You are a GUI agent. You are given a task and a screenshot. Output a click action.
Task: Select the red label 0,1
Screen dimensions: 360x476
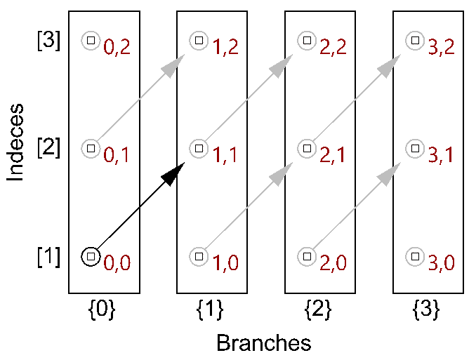pyautogui.click(x=117, y=156)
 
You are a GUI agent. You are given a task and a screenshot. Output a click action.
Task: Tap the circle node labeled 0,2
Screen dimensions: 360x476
pyautogui.click(x=90, y=41)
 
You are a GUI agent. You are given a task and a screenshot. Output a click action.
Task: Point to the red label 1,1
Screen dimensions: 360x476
pyautogui.click(x=225, y=156)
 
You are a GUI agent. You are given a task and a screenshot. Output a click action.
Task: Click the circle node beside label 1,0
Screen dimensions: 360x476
pyautogui.click(x=199, y=256)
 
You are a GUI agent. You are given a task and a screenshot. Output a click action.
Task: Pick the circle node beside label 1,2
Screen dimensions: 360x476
pyautogui.click(x=199, y=41)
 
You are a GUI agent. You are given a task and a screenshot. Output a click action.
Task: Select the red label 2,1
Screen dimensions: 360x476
pyautogui.click(x=333, y=156)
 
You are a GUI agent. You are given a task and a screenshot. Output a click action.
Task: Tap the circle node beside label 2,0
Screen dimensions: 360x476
pyautogui.click(x=307, y=256)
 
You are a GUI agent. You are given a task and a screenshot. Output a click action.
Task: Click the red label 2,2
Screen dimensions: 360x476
pyautogui.click(x=333, y=48)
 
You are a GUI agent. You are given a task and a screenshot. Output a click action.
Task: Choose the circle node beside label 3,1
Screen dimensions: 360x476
pyautogui.click(x=415, y=148)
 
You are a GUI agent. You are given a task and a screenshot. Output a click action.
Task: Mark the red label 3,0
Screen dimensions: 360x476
pyautogui.click(x=442, y=264)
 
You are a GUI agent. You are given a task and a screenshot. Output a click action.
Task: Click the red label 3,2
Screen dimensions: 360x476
pyautogui.click(x=442, y=48)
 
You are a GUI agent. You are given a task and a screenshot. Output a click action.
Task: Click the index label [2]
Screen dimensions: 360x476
pyautogui.click(x=49, y=148)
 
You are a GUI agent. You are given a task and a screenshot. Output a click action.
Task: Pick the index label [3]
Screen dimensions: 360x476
pyautogui.click(x=49, y=41)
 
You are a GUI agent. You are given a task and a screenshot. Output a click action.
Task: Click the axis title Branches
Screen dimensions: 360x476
pyautogui.click(x=263, y=343)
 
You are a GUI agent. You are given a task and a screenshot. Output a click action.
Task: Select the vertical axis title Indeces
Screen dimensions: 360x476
pyautogui.click(x=17, y=143)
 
